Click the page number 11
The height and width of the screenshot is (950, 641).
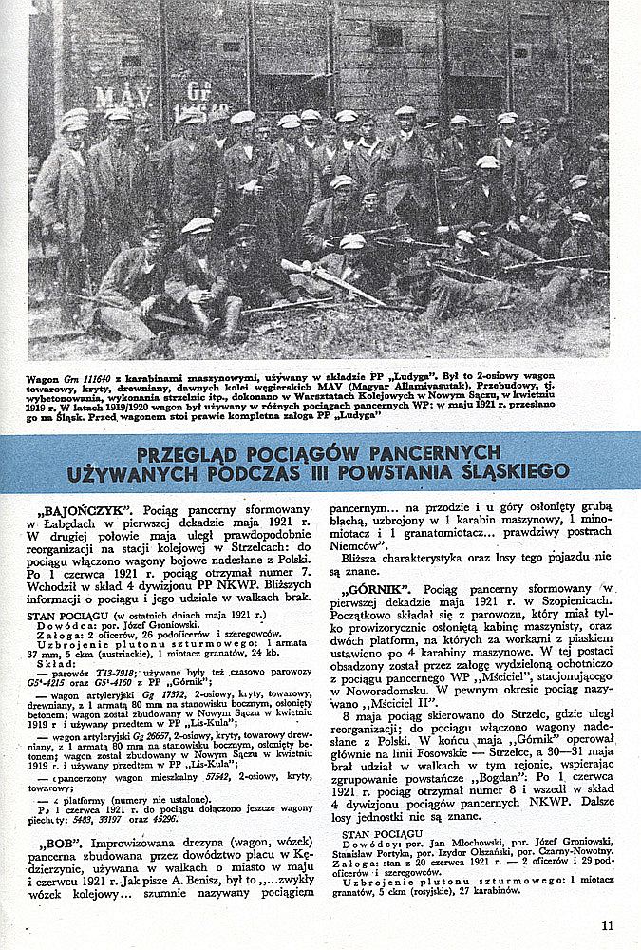tap(607, 927)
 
